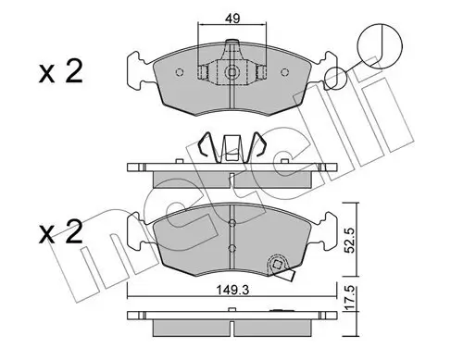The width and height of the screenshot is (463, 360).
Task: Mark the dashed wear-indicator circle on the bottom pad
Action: coord(276,265)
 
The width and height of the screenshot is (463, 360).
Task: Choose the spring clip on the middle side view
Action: coord(231,148)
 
